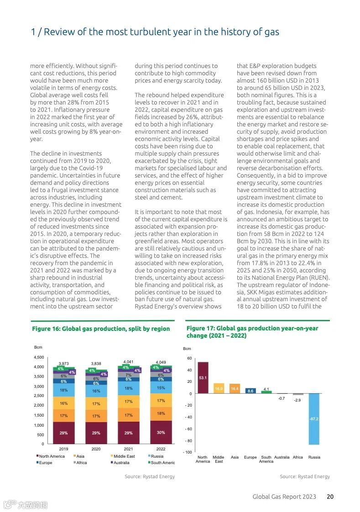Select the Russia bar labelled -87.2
[314, 418]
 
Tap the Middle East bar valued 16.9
[219, 388]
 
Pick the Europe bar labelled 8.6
[250, 391]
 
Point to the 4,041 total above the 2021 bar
[129, 362]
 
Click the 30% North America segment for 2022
[161, 432]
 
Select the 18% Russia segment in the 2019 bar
[64, 390]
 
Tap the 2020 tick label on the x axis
[96, 449]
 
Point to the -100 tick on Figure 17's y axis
[187, 452]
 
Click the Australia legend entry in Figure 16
[121, 463]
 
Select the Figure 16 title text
[100, 329]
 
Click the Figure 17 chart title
[252, 332]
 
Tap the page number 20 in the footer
[330, 496]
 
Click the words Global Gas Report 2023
[284, 496]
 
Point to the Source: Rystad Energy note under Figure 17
[304, 476]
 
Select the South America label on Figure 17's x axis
[266, 459]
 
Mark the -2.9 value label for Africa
[297, 400]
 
